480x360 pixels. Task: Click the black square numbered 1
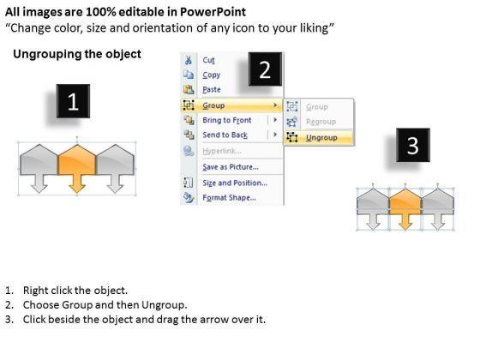click(x=73, y=101)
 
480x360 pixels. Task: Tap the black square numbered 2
click(x=265, y=69)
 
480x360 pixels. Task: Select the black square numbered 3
click(x=413, y=145)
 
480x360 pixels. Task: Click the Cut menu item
click(x=208, y=60)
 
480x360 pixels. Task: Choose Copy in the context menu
click(x=211, y=75)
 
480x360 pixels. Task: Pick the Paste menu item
click(x=212, y=90)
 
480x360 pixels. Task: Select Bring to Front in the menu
click(x=227, y=120)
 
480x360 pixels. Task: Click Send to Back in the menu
click(x=225, y=135)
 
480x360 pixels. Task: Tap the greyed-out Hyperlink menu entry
click(x=222, y=151)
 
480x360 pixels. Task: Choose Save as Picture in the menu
click(x=231, y=167)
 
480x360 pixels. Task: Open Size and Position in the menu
click(x=235, y=183)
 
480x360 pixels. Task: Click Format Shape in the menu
click(x=230, y=198)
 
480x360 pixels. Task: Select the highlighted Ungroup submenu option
click(x=321, y=138)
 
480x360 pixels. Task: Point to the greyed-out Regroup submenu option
click(x=321, y=122)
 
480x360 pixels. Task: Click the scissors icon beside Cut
click(x=189, y=60)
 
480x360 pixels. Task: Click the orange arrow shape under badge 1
click(x=77, y=168)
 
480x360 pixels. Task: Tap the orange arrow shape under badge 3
click(x=405, y=209)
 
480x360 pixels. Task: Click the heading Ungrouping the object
click(x=77, y=54)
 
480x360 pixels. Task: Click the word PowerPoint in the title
click(x=213, y=12)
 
